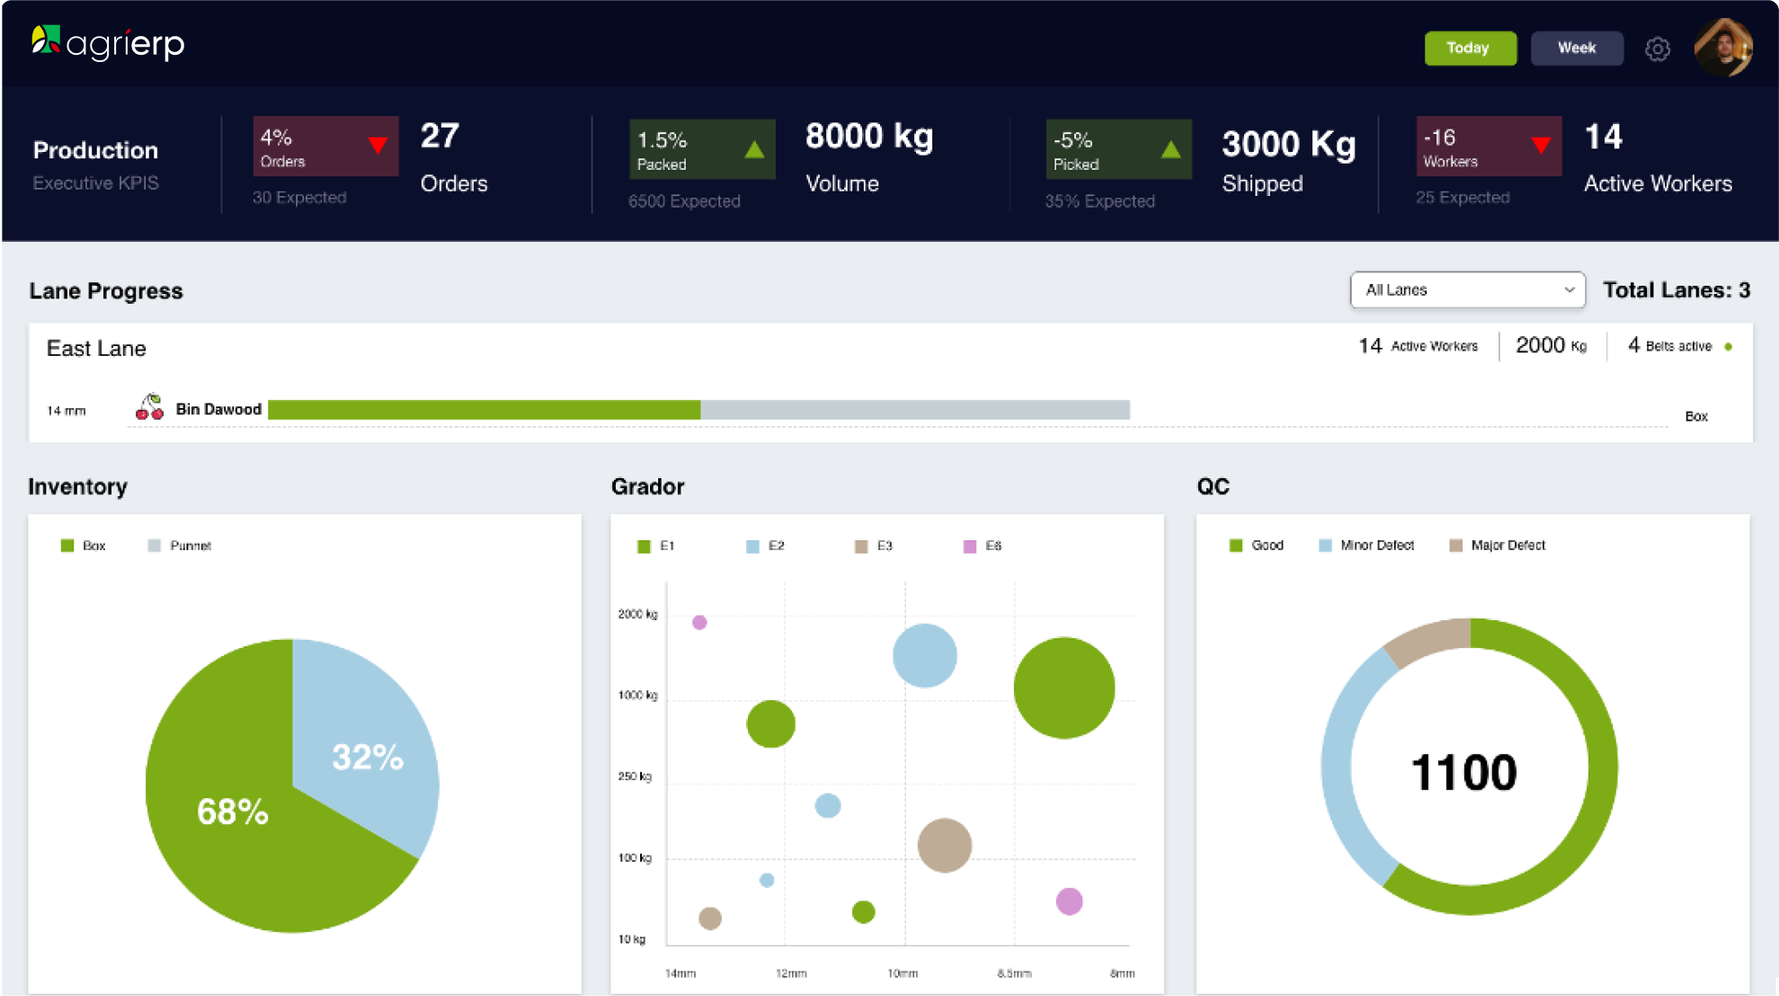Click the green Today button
pyautogui.click(x=1470, y=49)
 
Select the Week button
pyautogui.click(x=1577, y=49)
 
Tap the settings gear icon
pyautogui.click(x=1657, y=49)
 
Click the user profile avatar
pyautogui.click(x=1722, y=48)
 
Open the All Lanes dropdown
pyautogui.click(x=1467, y=290)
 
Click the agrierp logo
pyautogui.click(x=108, y=42)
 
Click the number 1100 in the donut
pyautogui.click(x=1463, y=773)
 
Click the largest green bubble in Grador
pyautogui.click(x=1063, y=688)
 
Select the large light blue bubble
pyautogui.click(x=924, y=655)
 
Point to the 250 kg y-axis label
pyautogui.click(x=635, y=777)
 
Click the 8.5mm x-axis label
pyautogui.click(x=1014, y=974)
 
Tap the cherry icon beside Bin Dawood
pyautogui.click(x=149, y=408)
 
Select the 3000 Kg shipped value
pyautogui.click(x=1288, y=144)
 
